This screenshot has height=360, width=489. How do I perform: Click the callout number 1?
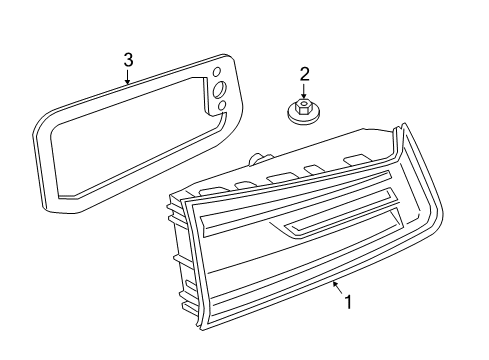348,302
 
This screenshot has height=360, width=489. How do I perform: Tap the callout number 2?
304,74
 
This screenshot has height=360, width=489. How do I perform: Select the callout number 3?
128,60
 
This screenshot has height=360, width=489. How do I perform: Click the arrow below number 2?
303,91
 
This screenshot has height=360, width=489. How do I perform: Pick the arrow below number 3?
127,76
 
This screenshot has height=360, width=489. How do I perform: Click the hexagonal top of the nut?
302,106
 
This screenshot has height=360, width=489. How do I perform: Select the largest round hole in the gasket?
219,89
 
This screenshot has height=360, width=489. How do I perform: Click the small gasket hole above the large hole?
216,72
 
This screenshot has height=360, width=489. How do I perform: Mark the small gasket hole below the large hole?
222,105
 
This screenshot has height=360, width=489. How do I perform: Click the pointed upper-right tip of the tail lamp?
404,124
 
